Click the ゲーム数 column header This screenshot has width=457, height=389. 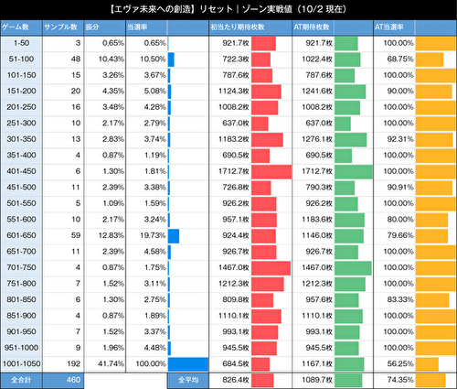click(23, 27)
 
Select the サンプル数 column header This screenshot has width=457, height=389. click(64, 27)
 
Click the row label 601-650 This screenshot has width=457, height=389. click(23, 235)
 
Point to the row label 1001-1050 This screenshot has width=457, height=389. click(23, 363)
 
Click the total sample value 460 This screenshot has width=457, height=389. click(64, 378)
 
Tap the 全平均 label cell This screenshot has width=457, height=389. click(188, 378)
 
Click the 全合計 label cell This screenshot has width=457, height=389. click(23, 378)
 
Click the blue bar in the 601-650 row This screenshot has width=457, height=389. click(173, 235)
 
